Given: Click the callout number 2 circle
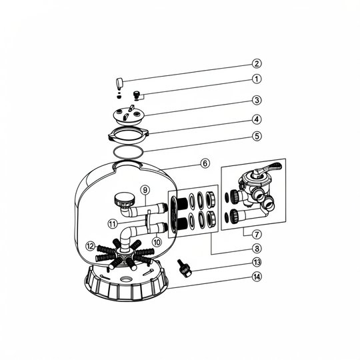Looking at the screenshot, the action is point(257,63).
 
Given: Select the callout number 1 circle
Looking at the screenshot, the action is point(257,79).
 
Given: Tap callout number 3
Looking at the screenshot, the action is point(257,100).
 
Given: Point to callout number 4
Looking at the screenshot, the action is point(257,119).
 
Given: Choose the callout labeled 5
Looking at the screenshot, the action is point(257,136).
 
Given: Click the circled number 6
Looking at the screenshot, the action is point(205,163).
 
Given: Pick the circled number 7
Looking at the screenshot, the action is point(257,235).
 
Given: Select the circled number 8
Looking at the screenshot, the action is point(257,249).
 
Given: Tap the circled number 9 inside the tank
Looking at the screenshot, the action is point(145,190).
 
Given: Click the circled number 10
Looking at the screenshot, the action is point(157,242).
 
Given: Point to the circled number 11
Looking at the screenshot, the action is point(113,224).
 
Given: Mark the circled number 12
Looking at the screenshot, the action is point(90,247).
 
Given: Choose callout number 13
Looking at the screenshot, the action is point(257,262).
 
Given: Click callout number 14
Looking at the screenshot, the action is point(257,277).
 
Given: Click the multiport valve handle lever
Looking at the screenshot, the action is point(269,168).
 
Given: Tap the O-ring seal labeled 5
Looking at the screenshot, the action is point(128,152).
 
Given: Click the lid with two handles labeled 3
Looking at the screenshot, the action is point(129,115).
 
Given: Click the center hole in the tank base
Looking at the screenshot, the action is point(126,279).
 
